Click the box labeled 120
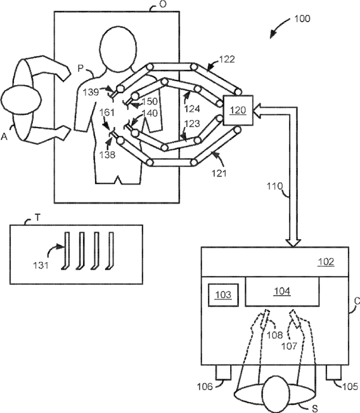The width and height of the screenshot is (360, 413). tap(238, 110)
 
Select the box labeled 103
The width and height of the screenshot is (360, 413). tap(224, 295)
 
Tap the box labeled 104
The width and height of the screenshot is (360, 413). tap(282, 292)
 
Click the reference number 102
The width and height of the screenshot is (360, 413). tap(326, 262)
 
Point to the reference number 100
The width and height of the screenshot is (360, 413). tap(302, 18)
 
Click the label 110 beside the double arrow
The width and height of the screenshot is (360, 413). tap(274, 187)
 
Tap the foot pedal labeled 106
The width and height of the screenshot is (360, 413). tap(224, 372)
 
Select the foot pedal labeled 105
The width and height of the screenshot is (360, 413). tap(333, 372)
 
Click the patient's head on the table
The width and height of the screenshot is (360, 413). tap(118, 49)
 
